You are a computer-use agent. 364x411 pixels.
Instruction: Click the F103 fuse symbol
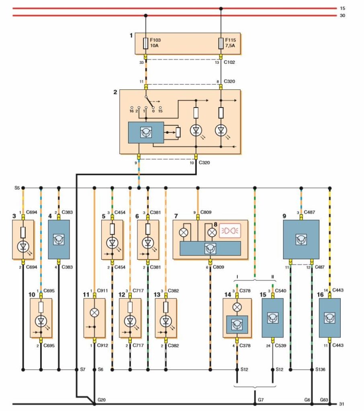pos(146,43)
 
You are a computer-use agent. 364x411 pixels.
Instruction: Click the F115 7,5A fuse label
pos(231,43)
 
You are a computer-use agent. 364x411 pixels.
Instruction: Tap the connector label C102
pos(229,62)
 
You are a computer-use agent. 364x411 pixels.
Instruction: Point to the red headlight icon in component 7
pos(230,231)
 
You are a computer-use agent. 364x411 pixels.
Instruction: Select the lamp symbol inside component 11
pos(94,312)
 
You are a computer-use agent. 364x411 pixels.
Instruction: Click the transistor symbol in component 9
pos(301,240)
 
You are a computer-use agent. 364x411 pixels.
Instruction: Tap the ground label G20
pos(102,400)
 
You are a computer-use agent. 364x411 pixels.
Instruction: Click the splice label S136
pos(320,369)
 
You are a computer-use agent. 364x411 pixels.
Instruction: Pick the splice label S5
pos(17,188)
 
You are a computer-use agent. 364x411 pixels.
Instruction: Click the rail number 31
pos(342,404)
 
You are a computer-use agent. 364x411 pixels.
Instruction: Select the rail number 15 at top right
pos(342,8)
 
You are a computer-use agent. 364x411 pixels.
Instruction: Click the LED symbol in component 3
pos(23,246)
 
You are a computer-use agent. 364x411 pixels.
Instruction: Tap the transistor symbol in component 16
pos(329,318)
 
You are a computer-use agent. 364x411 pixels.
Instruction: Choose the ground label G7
pos(261,400)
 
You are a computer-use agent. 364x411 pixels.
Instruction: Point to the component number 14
pos(227,295)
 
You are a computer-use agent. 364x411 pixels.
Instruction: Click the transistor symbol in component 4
pos(59,240)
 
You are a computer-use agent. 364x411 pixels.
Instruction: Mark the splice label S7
pos(83,369)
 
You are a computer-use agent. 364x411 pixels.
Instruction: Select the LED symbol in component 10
pos(41,321)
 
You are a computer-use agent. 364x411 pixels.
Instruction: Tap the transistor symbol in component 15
pos(273,318)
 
